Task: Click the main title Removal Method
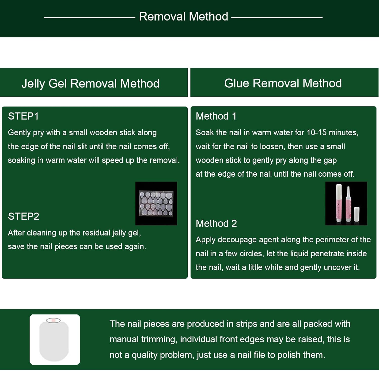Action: tap(183, 17)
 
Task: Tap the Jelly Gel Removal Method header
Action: tap(90, 83)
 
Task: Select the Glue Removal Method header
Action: tap(283, 83)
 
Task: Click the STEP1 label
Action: tap(23, 116)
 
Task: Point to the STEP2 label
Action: tap(23, 216)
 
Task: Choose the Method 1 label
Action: tap(216, 116)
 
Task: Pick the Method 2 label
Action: tap(216, 223)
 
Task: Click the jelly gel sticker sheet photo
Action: tap(156, 203)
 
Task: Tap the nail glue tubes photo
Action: tap(346, 203)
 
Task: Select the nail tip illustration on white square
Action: tap(55, 339)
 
